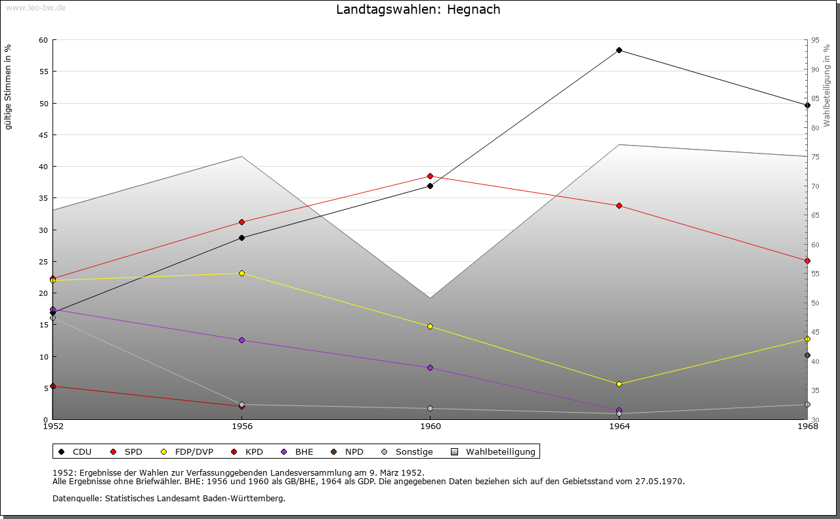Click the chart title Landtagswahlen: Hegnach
[418, 10]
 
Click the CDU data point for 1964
[619, 51]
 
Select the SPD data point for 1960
[430, 176]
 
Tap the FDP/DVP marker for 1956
[241, 273]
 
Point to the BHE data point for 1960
[430, 368]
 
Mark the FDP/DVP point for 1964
[619, 384]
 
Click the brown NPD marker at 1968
[807, 356]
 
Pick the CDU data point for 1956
[241, 238]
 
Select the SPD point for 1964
[619, 206]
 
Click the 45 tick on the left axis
[43, 135]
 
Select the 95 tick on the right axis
[815, 41]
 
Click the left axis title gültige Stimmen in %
[9, 87]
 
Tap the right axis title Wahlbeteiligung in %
[827, 85]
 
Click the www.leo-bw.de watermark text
[35, 7]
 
